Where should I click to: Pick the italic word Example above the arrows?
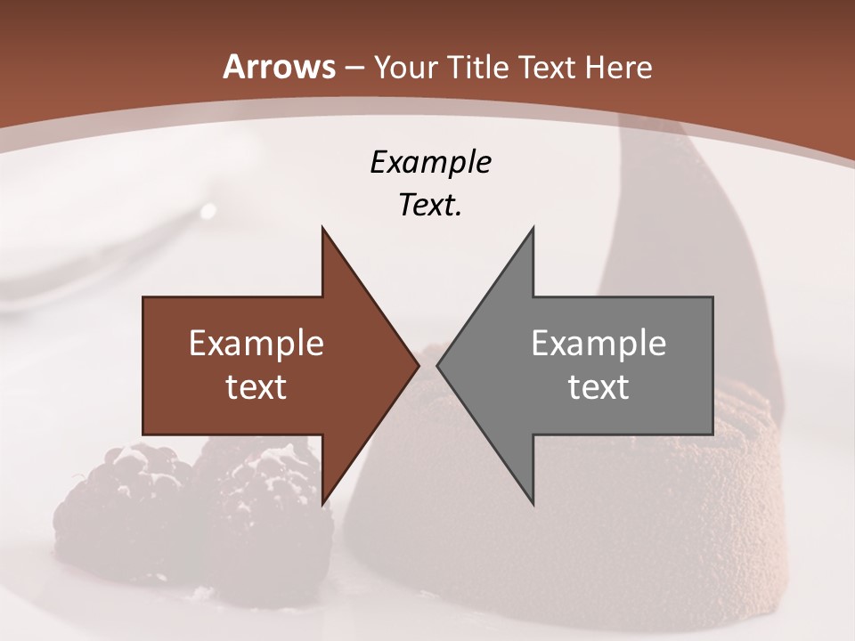(x=430, y=162)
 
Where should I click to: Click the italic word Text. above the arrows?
(x=430, y=205)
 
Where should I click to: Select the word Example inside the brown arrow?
(x=256, y=344)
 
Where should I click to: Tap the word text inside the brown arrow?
(x=256, y=386)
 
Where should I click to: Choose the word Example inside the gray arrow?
(x=598, y=344)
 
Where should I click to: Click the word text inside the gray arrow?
(x=598, y=386)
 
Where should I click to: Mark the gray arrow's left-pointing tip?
(x=438, y=365)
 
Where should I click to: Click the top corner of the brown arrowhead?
(x=322, y=230)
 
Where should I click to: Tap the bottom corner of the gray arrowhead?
(x=533, y=503)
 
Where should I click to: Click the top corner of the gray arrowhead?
(x=533, y=230)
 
